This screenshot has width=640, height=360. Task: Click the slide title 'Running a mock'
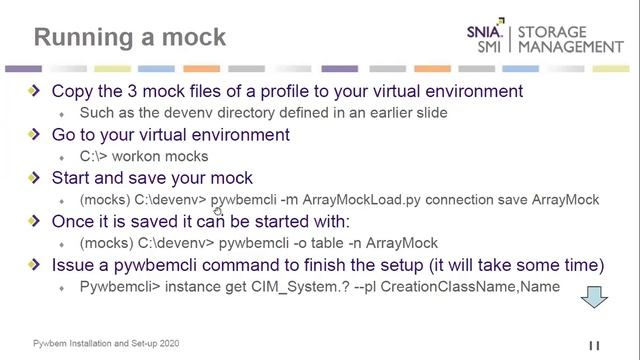[x=130, y=38]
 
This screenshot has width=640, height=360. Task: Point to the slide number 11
[x=593, y=346]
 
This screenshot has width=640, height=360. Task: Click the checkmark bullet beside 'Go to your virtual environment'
[x=36, y=134]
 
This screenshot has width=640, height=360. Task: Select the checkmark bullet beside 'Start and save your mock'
[x=36, y=178]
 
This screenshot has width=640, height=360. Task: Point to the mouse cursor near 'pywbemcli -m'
[x=218, y=209]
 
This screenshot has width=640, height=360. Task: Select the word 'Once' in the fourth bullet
[x=73, y=221]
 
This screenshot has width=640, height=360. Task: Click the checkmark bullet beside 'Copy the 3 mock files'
[x=36, y=91]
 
